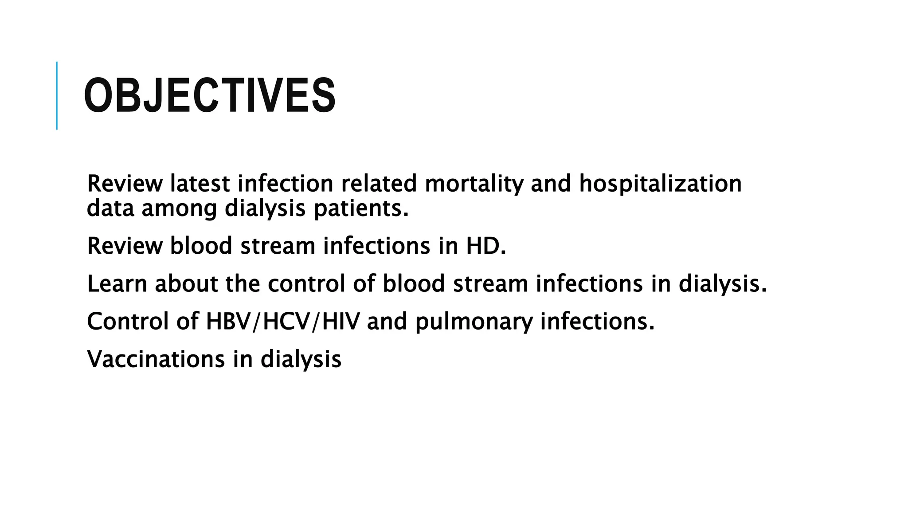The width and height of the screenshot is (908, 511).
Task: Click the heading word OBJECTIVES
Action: [x=209, y=96]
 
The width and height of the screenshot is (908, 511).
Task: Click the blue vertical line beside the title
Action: [x=57, y=95]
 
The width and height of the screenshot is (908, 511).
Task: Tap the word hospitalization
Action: [x=660, y=184]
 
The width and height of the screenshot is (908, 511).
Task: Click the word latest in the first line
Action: [x=200, y=184]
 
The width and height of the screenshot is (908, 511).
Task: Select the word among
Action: [x=179, y=208]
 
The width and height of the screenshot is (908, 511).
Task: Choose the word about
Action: [x=186, y=283]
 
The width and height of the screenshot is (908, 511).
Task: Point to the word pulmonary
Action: [x=474, y=322]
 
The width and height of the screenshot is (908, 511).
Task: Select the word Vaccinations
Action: [x=156, y=359]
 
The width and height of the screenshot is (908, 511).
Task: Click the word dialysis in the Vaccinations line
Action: [x=301, y=360]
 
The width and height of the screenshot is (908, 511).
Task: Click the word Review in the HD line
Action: [x=125, y=246]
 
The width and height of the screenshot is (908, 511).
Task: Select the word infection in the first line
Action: [x=285, y=184]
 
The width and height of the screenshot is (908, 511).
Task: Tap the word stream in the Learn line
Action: [x=490, y=283]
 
